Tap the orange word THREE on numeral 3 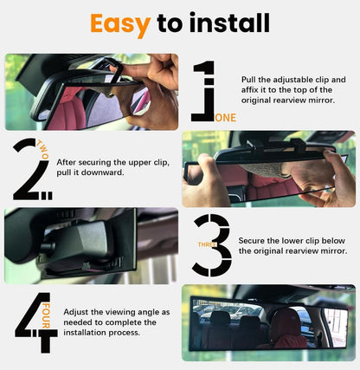(202, 245)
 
